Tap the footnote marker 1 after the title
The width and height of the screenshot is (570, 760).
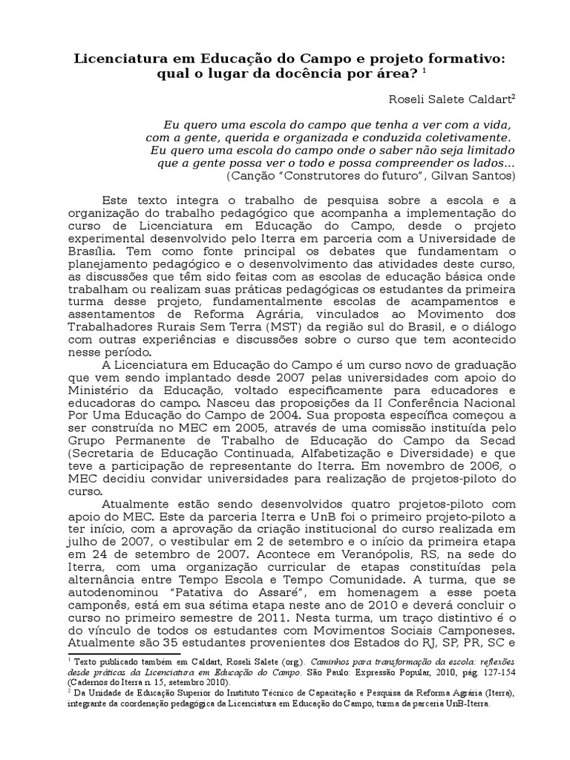424,72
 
